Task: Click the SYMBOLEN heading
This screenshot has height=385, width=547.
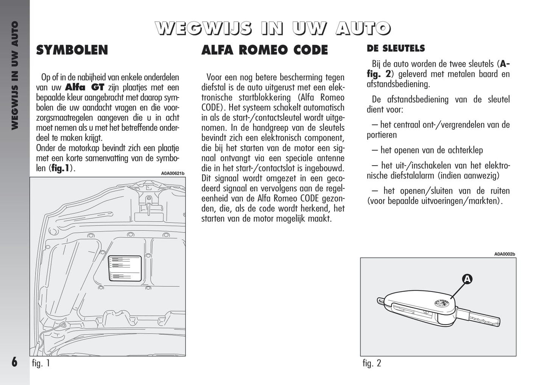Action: pyautogui.click(x=72, y=50)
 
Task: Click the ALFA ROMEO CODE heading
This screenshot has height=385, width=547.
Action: pyautogui.click(x=265, y=50)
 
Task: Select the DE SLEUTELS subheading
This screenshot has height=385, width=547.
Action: pyautogui.click(x=396, y=48)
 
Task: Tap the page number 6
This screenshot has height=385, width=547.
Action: pyautogui.click(x=14, y=362)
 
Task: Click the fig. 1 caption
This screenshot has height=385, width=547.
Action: pyautogui.click(x=41, y=363)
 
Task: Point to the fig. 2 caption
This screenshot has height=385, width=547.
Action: pyautogui.click(x=372, y=363)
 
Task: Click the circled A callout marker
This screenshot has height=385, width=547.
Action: pyautogui.click(x=468, y=279)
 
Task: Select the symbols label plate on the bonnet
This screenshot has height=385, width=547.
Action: pyautogui.click(x=125, y=268)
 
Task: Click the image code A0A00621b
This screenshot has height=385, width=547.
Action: pyautogui.click(x=173, y=174)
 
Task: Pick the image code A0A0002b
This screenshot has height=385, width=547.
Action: pyautogui.click(x=504, y=254)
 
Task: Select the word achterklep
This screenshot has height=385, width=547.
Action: pyautogui.click(x=464, y=150)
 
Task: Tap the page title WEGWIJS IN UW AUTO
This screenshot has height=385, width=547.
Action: pyautogui.click(x=273, y=28)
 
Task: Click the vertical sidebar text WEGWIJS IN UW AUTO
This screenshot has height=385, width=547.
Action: pyautogui.click(x=14, y=76)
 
